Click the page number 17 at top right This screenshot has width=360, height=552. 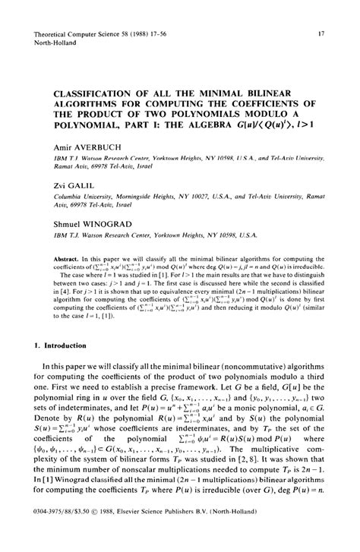[322, 34]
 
